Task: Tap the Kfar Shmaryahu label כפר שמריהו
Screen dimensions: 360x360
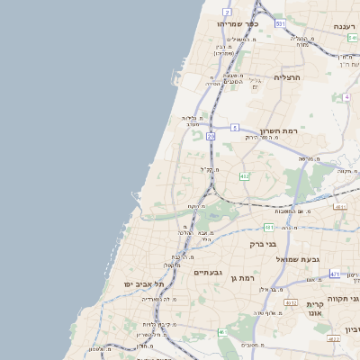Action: [x=238, y=24]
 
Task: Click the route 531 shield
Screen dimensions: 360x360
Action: [x=280, y=22]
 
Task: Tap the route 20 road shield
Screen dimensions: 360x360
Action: [x=210, y=136]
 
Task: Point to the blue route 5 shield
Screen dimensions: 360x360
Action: [x=234, y=128]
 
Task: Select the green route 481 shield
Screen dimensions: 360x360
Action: [x=269, y=227]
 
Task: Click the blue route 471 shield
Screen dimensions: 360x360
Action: [x=335, y=273]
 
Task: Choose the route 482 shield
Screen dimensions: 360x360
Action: [x=244, y=176]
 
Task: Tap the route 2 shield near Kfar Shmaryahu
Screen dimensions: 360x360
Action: [x=228, y=12]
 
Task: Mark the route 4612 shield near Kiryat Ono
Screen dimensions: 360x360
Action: [x=291, y=303]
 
